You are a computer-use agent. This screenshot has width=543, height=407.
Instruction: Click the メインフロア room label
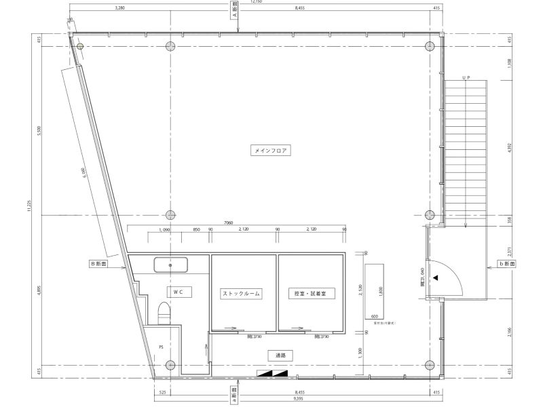[x=271, y=151]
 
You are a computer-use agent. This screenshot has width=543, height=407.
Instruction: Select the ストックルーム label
[x=242, y=294]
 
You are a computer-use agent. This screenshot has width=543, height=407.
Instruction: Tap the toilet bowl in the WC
[x=164, y=314]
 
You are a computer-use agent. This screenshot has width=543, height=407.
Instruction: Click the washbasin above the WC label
[x=171, y=265]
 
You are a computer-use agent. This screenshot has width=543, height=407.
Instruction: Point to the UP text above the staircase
[x=466, y=79]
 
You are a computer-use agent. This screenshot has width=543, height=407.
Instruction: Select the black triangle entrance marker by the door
[x=436, y=278]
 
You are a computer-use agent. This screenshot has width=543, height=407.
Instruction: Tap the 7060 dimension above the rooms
[x=229, y=222]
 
